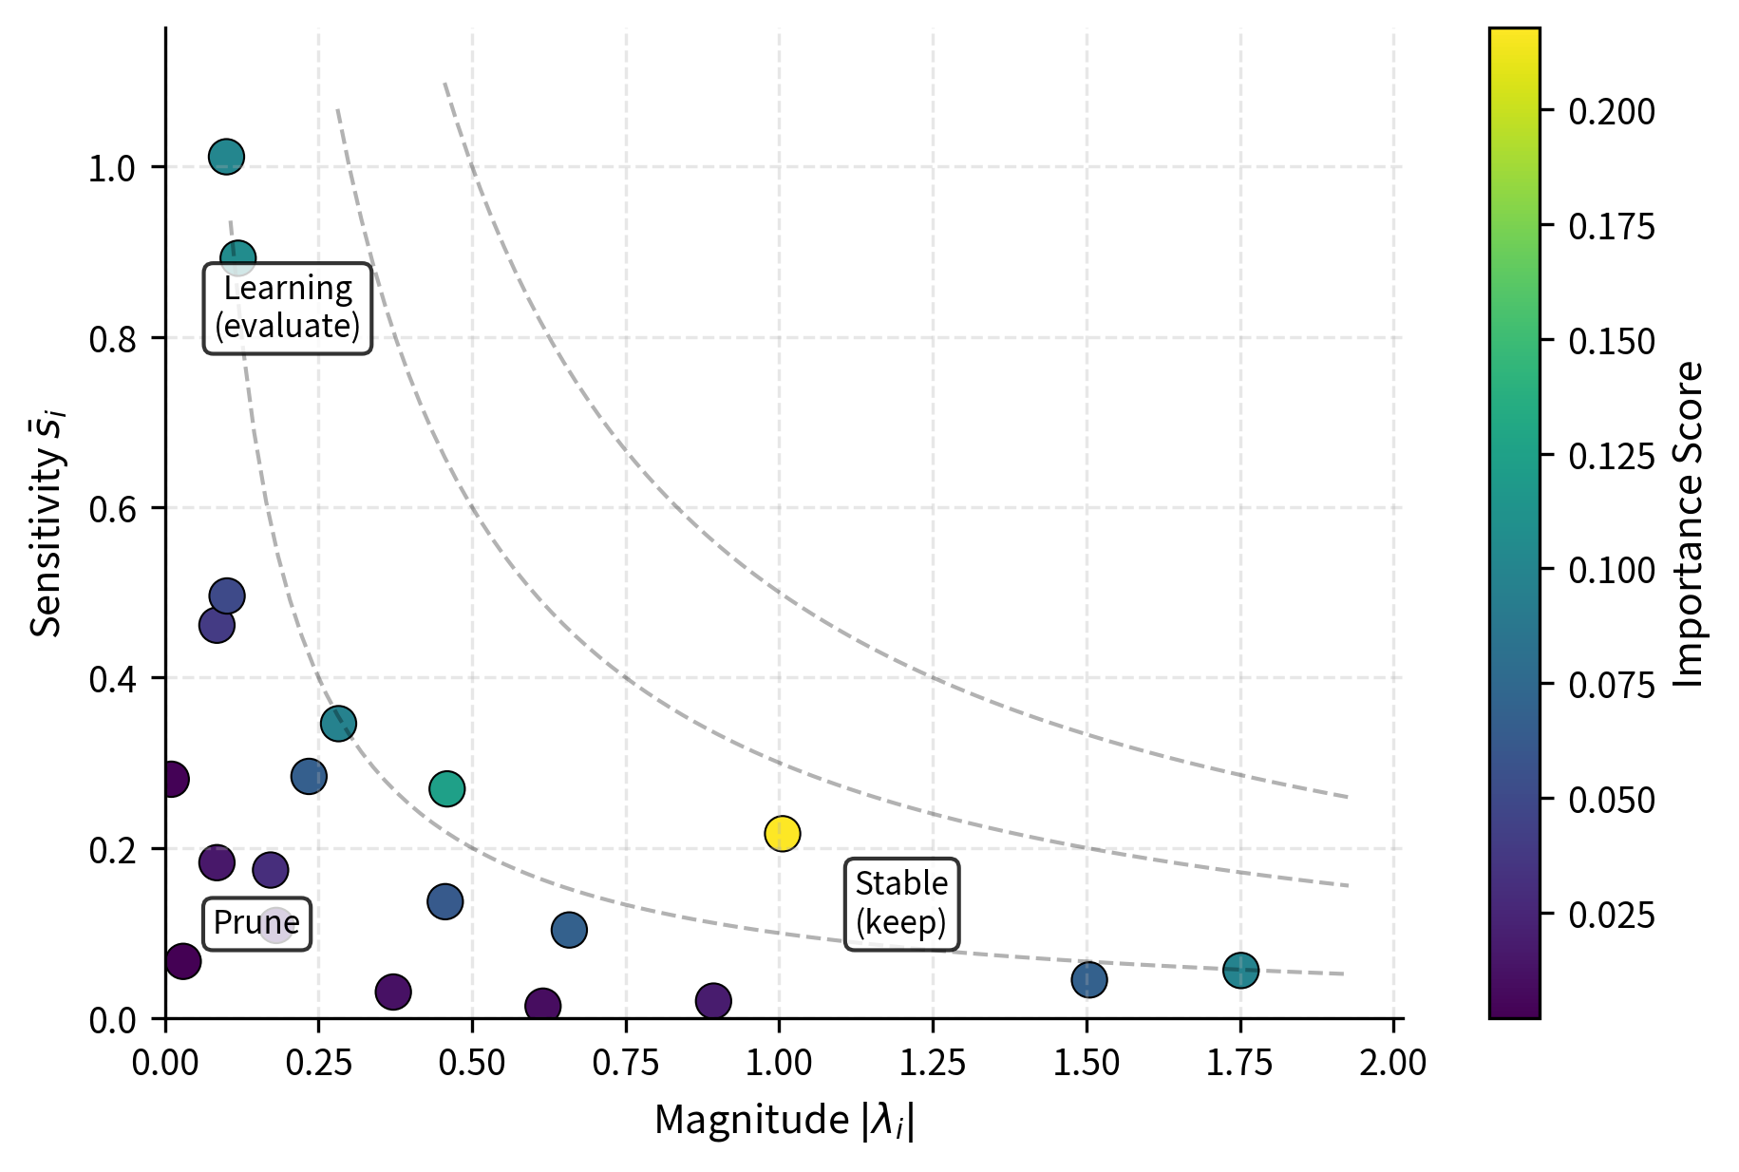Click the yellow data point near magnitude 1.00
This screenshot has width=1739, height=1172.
pos(782,833)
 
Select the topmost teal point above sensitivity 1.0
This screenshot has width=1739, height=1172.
pos(226,156)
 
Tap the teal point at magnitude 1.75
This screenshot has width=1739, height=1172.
pos(1240,970)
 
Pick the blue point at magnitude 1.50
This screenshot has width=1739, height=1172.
pos(1089,979)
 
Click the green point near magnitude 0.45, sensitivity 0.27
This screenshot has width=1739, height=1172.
pos(446,788)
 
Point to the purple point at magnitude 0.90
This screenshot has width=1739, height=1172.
pos(713,1000)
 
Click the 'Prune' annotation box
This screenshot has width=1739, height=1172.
pos(256,923)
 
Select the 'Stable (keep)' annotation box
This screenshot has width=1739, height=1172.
pos(901,903)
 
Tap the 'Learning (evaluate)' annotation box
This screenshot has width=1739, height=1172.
pos(288,308)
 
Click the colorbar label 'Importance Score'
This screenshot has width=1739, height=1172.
pos(1690,523)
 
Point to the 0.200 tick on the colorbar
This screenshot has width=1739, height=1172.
pos(1611,112)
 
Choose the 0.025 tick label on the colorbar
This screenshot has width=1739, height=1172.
pos(1611,916)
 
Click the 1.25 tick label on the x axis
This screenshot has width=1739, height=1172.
pos(933,1063)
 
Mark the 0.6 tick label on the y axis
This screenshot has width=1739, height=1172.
pos(112,509)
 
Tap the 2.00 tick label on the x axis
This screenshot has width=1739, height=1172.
pos(1392,1063)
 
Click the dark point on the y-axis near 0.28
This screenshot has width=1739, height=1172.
pos(171,780)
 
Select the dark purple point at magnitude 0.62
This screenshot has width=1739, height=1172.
pos(542,1005)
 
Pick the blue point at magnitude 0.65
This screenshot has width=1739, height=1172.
pos(569,929)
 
